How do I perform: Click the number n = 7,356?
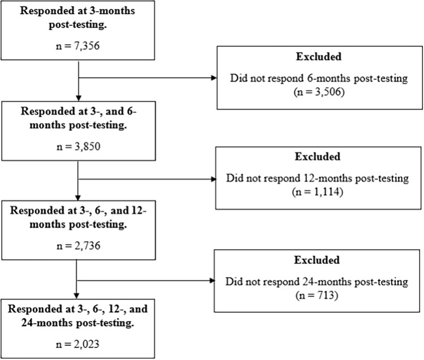coord(78,46)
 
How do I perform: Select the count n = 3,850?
coord(79,147)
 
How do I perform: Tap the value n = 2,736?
coord(79,246)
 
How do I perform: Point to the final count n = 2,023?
coord(78,344)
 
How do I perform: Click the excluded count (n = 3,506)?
coord(319,92)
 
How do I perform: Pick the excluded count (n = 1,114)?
coord(318,192)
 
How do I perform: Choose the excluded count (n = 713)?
coord(316,295)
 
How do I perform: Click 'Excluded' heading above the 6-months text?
coord(319,56)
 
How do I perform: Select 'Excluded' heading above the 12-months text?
coord(318,156)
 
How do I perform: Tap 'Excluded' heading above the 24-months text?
coord(316,260)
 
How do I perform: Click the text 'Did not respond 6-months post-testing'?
coord(319,78)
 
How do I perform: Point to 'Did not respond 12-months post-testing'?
coord(318,178)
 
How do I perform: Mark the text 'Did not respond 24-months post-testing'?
coord(316,281)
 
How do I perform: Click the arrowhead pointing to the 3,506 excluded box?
coord(214,78)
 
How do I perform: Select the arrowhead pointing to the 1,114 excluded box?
coord(213,179)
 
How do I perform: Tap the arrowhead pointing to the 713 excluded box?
coord(212,281)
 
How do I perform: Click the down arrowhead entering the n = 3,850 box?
coord(79,98)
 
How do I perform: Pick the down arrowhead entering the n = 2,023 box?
coord(76,296)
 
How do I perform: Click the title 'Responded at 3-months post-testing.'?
coord(78,18)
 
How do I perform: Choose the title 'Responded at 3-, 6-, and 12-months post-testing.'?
coord(78,217)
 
